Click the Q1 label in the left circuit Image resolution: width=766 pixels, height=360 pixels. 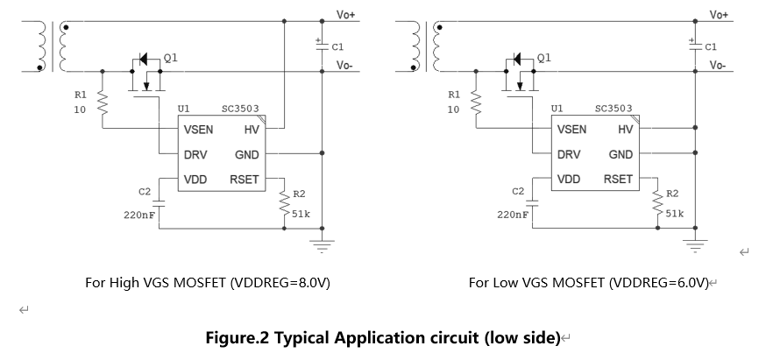click(170, 58)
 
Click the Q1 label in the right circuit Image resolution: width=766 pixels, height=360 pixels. click(543, 58)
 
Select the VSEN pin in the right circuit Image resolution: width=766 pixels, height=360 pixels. click(571, 130)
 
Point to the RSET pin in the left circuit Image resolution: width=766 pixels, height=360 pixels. click(245, 180)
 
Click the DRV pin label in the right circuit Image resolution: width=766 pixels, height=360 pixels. click(568, 154)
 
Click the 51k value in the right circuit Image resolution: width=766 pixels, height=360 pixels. click(675, 213)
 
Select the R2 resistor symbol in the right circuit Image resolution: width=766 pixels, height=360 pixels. click(656, 204)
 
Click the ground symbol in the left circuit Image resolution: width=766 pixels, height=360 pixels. click(323, 246)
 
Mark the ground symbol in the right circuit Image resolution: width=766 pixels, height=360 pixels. click(697, 246)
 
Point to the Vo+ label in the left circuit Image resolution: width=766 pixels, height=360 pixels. click(346, 15)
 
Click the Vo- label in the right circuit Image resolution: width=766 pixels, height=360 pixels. click(718, 66)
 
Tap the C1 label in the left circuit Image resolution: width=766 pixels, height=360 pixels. click(338, 46)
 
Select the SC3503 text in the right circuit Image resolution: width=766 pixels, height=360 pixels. click(614, 109)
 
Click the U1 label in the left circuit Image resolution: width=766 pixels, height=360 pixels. click(183, 109)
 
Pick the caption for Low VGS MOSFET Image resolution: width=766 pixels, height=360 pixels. click(587, 283)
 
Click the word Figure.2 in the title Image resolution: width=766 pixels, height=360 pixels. click(238, 337)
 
